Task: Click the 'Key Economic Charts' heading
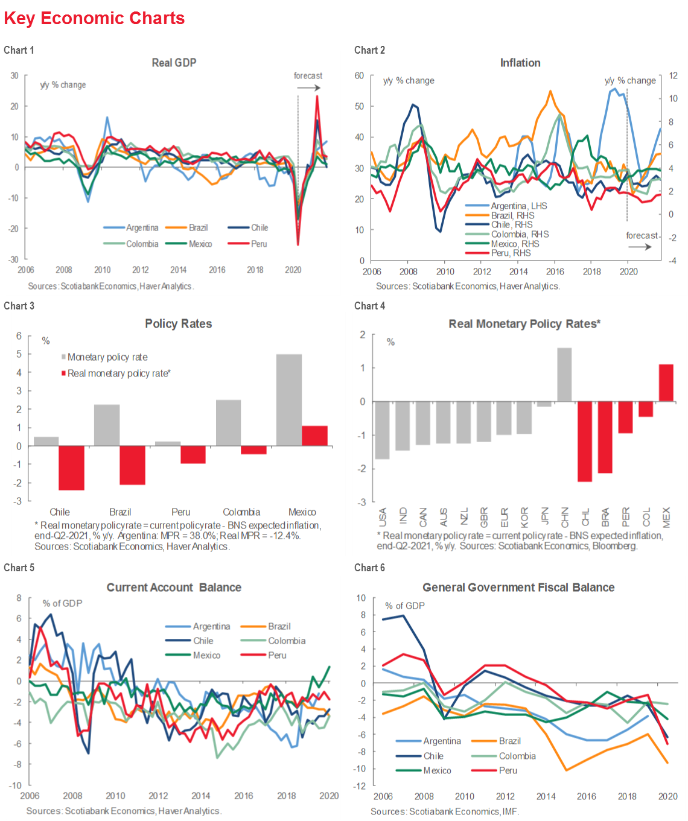[94, 18]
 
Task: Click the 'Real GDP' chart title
[174, 63]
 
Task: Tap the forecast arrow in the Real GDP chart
[308, 87]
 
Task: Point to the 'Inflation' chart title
[520, 63]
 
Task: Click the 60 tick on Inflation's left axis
[360, 75]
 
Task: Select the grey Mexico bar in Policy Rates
[288, 400]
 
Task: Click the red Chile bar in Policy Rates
[71, 468]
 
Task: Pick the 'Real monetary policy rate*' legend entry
[118, 373]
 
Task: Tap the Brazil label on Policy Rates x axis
[120, 512]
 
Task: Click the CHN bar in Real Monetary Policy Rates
[564, 375]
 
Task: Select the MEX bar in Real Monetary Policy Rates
[666, 382]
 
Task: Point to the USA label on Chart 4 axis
[382, 517]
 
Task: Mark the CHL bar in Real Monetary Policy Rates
[584, 442]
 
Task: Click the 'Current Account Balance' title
[174, 588]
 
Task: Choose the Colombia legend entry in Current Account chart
[286, 641]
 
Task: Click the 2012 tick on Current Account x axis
[158, 796]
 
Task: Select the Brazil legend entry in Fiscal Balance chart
[509, 741]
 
